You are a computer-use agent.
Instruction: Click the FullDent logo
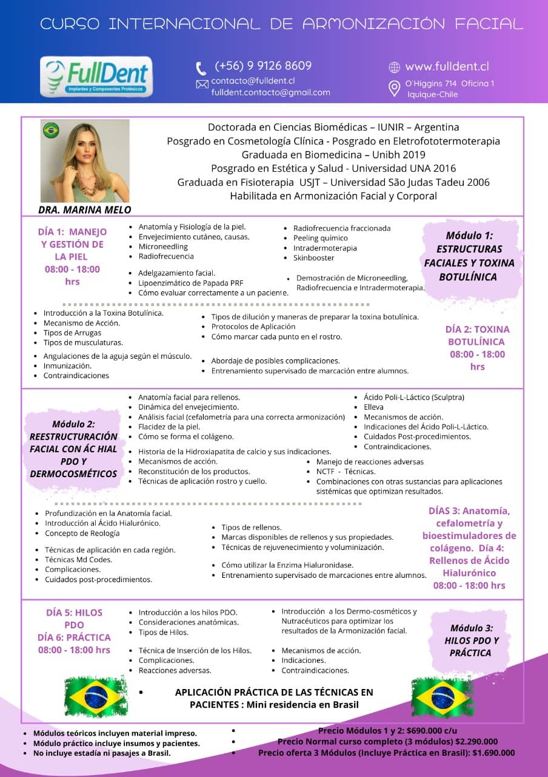(x=96, y=76)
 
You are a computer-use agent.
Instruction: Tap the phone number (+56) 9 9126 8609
(x=263, y=66)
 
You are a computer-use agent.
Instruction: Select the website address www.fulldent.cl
(x=447, y=67)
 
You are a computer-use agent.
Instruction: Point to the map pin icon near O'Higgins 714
(x=394, y=89)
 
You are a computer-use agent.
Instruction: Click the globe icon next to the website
(x=394, y=67)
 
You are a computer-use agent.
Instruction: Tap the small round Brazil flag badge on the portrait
(x=50, y=129)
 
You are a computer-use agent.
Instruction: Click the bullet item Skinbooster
(x=313, y=258)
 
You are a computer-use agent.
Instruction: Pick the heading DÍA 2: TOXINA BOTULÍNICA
(x=477, y=336)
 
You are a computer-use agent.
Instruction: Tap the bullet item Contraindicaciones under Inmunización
(x=76, y=376)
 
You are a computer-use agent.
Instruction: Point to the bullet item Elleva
(x=373, y=407)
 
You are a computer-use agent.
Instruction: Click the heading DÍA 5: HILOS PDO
(x=74, y=619)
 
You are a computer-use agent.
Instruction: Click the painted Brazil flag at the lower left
(x=95, y=697)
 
